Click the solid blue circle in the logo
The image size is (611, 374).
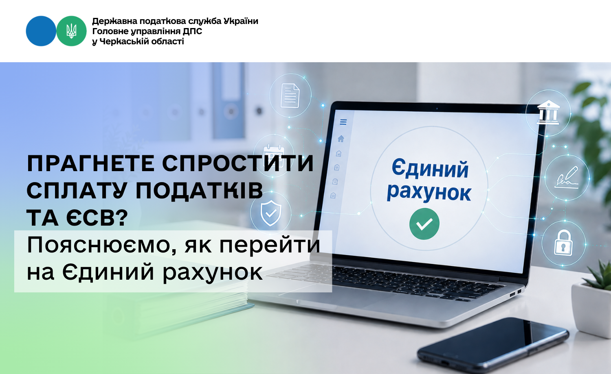point(41,31)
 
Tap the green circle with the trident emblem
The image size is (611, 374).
point(71,31)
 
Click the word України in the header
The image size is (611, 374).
point(241,21)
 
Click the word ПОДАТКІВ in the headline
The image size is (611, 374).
point(199,191)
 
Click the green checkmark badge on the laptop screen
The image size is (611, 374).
point(424,224)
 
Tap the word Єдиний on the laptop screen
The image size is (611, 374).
point(430,169)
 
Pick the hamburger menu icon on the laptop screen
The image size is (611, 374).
point(343,122)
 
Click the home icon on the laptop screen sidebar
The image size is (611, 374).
point(341,139)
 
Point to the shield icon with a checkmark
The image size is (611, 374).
point(271,213)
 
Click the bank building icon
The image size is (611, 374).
point(548,113)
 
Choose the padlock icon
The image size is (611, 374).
point(563,243)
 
